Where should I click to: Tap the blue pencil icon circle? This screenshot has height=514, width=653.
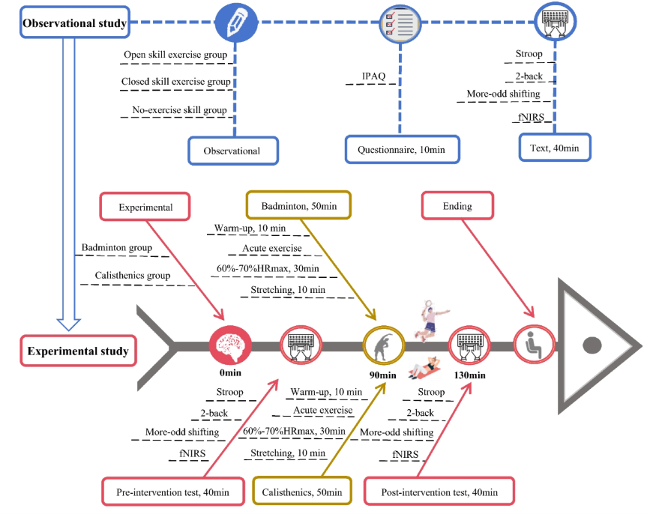[236, 22]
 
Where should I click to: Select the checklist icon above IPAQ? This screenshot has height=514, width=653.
[400, 24]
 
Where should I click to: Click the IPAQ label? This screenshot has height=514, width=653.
[373, 76]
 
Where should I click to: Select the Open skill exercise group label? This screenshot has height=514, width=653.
[175, 55]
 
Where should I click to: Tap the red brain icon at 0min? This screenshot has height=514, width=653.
[230, 345]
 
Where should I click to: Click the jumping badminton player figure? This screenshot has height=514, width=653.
[431, 321]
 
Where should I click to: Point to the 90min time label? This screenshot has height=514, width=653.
[382, 375]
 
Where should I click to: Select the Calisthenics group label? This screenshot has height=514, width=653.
[133, 275]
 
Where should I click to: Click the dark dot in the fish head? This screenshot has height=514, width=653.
[592, 345]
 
